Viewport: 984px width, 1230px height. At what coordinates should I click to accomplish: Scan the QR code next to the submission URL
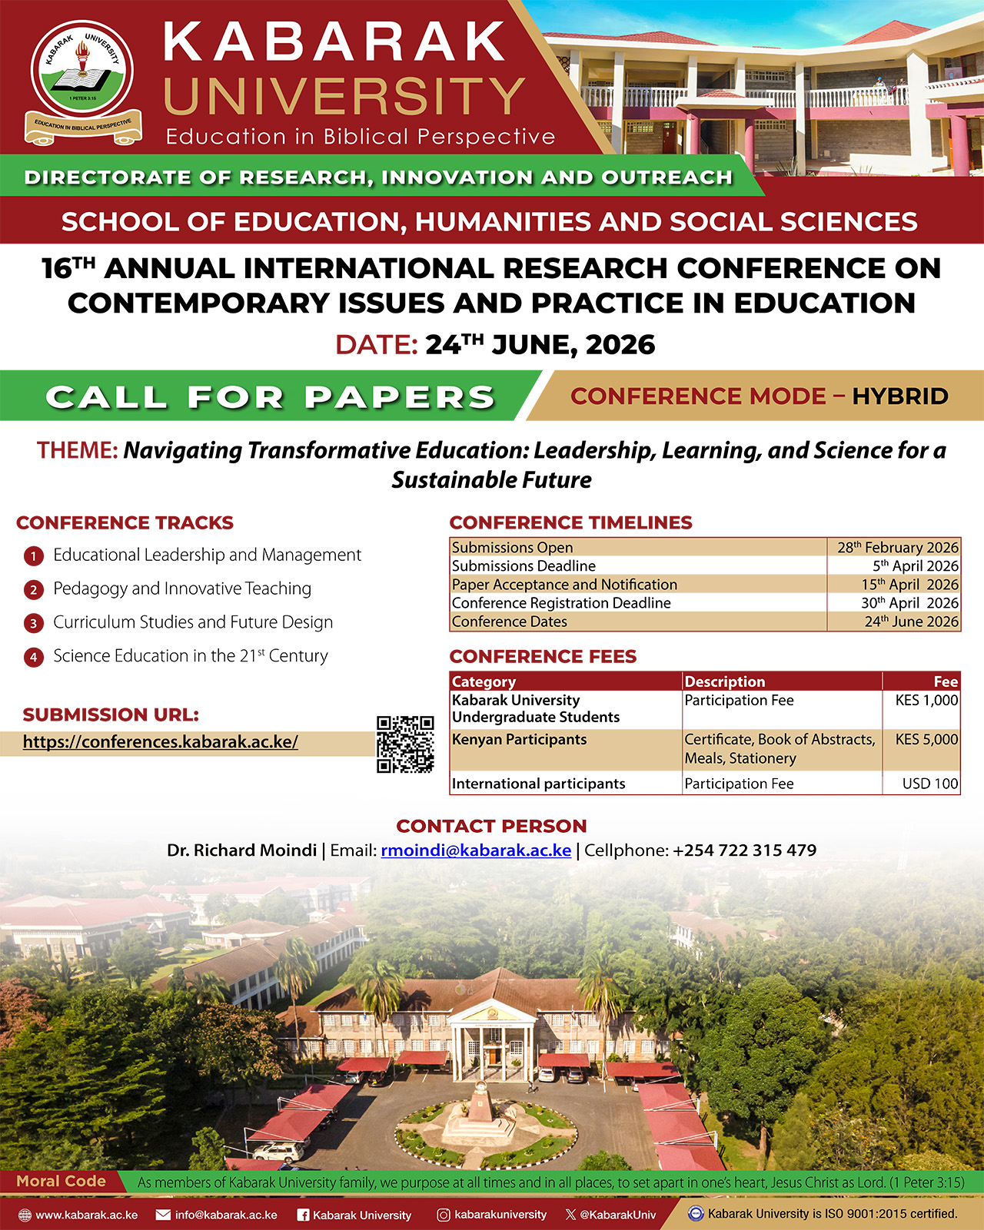coord(405,744)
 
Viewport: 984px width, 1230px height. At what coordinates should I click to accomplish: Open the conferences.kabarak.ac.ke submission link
coord(160,742)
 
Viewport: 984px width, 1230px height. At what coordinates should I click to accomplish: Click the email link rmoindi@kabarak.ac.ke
coord(476,850)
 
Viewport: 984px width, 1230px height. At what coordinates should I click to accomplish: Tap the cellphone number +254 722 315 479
coord(744,850)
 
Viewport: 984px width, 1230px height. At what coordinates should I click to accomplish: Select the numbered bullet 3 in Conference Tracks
coord(33,623)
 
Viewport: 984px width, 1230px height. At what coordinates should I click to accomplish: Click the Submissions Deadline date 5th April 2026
coord(915,566)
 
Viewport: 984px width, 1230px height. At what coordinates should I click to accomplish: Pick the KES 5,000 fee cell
coord(926,740)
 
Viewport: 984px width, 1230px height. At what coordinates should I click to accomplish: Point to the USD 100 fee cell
coord(930,784)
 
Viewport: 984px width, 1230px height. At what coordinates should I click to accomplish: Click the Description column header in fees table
coord(725,681)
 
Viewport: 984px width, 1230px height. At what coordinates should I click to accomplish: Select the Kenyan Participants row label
coord(519,740)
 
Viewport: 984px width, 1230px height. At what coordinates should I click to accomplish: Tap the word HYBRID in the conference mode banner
coord(900,396)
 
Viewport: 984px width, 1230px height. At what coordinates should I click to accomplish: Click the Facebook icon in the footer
coord(303,1215)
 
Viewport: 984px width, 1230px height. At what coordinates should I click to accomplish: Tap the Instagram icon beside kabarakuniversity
coord(444,1215)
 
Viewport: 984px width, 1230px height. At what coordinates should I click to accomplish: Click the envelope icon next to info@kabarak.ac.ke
coord(163,1215)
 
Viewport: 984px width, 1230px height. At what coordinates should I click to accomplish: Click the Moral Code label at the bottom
coord(61,1182)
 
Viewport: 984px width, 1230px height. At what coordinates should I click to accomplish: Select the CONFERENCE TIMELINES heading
coord(570,523)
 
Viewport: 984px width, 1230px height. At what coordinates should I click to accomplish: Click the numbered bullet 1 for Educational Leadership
coord(33,555)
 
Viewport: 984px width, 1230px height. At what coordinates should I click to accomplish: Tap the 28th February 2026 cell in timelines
coord(897,548)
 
